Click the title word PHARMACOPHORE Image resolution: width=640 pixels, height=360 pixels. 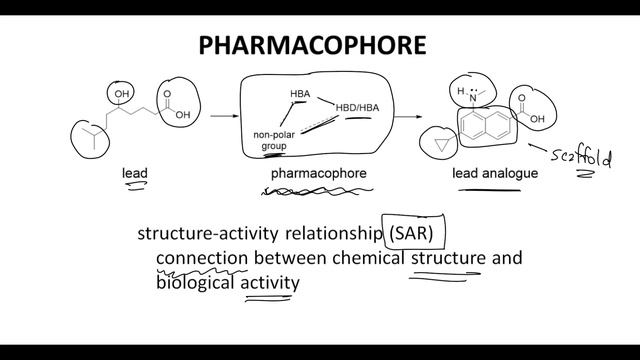(313, 45)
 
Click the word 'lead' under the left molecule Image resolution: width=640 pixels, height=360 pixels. (135, 173)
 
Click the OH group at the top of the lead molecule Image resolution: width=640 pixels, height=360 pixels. (122, 96)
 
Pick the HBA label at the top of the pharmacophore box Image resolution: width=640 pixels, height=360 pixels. (300, 95)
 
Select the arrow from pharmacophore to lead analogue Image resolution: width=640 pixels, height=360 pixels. (406, 117)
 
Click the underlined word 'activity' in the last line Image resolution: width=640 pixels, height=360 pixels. (272, 283)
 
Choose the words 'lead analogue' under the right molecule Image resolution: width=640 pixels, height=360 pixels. (495, 173)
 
